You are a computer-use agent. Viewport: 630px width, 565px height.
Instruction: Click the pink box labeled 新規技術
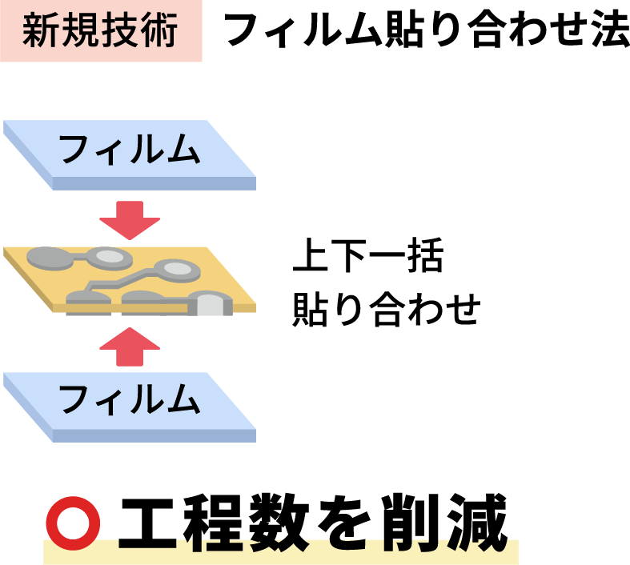coord(101,31)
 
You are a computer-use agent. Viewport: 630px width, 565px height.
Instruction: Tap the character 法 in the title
coord(606,31)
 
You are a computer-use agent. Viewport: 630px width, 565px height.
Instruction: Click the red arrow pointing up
coord(130,345)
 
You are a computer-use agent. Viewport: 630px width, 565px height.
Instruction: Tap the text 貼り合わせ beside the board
coord(385,309)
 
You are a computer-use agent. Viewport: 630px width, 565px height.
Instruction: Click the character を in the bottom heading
coord(347,522)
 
